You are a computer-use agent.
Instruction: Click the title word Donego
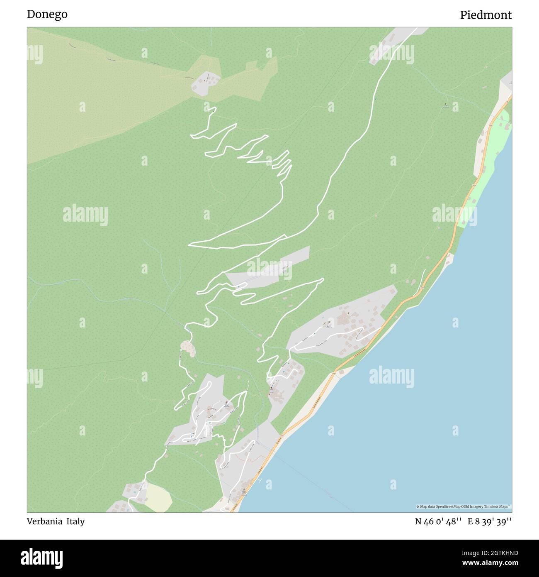coord(47,15)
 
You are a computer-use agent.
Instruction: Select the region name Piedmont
coord(486,15)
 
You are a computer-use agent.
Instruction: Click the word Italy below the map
coord(75,521)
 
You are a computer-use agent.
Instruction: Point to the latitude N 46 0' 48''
coord(438,522)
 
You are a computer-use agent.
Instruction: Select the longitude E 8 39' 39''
coord(490,522)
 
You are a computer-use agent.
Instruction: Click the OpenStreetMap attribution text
coord(464,506)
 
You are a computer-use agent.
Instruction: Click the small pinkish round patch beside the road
coord(188,348)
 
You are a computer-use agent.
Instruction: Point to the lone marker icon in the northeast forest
coord(446,105)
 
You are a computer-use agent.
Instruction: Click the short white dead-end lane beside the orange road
coord(423,276)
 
